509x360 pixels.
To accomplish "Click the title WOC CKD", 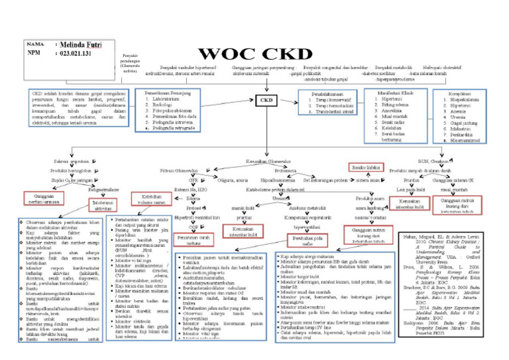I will click(x=253, y=54).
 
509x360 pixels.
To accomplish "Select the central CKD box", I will click(x=266, y=100).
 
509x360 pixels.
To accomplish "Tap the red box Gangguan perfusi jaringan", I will click(x=42, y=198).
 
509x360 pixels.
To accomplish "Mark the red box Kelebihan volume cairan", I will click(x=148, y=199).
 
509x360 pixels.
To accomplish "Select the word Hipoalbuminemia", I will click(x=278, y=179).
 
